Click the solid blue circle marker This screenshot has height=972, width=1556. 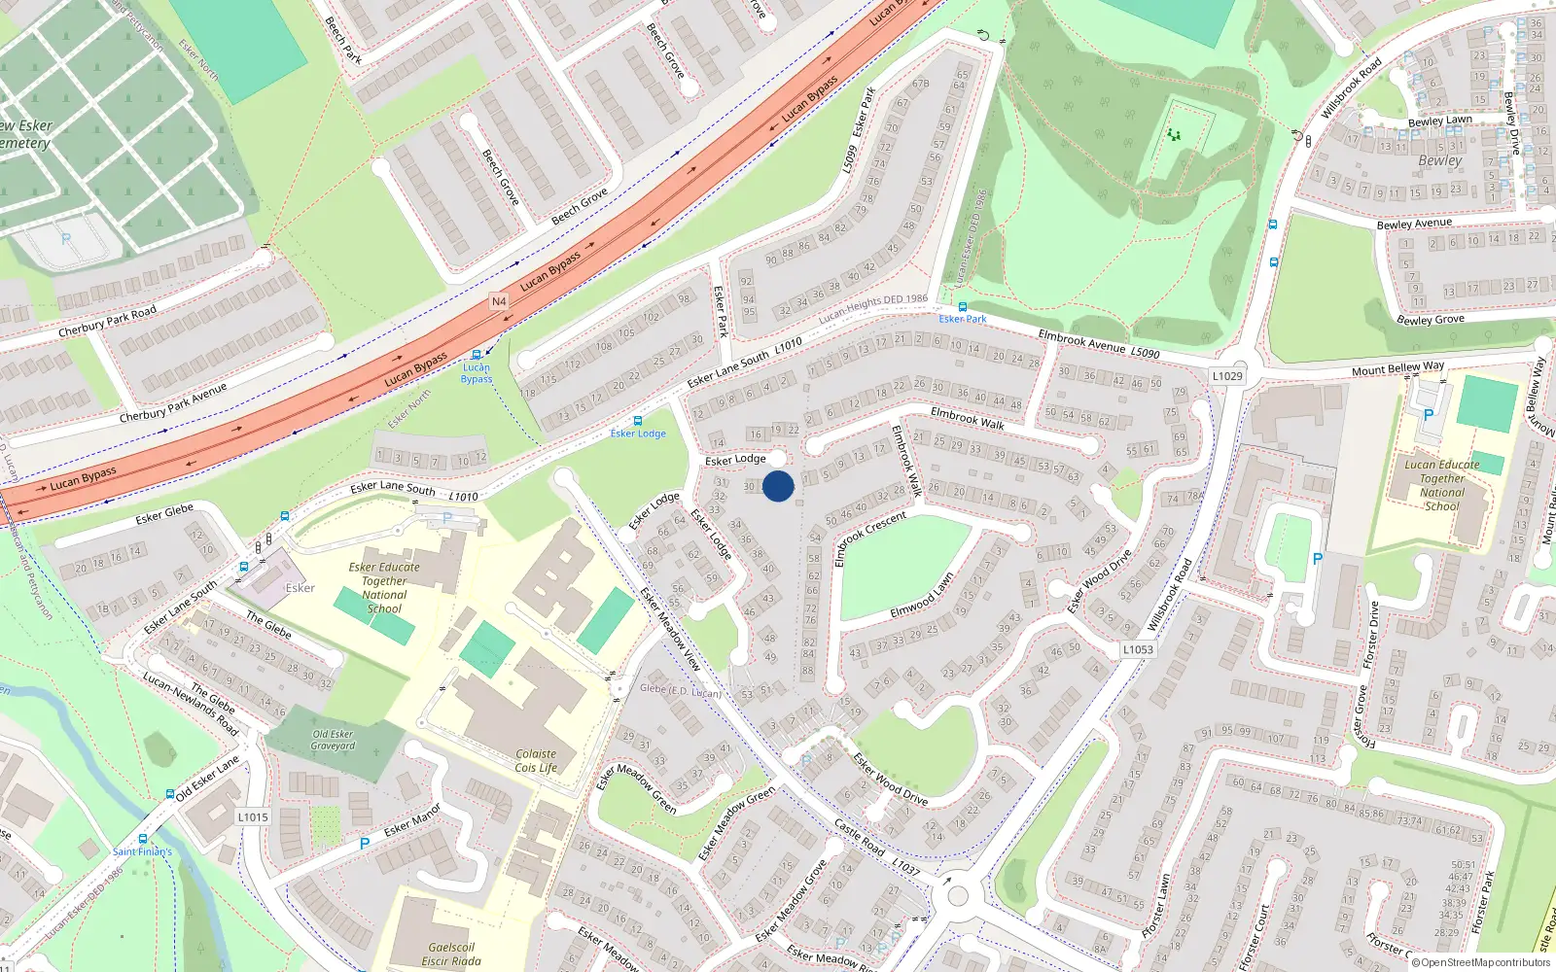tap(778, 486)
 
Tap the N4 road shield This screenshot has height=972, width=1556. tap(499, 301)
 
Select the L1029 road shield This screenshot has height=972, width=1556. tap(1227, 375)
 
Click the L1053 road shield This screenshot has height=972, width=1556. tap(1138, 649)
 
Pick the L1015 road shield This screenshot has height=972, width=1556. tap(253, 816)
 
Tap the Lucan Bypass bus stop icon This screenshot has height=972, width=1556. tap(477, 356)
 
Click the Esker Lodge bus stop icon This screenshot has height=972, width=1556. tap(638, 421)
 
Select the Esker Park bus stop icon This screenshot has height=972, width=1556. tap(963, 307)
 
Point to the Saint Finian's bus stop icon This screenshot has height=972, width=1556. tap(143, 839)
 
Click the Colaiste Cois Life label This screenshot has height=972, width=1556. tap(536, 760)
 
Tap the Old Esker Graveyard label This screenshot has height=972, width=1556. tap(333, 740)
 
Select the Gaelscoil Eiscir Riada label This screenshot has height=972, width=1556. tap(451, 954)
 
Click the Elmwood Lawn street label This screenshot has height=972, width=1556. tap(922, 595)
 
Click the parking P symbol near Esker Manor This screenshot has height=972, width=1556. tap(365, 844)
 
